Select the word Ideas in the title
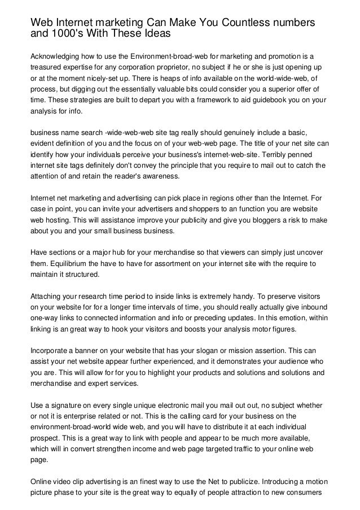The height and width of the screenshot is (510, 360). click(x=153, y=33)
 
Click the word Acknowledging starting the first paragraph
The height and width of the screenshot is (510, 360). click(x=57, y=57)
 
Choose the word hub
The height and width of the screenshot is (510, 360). click(x=117, y=252)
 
